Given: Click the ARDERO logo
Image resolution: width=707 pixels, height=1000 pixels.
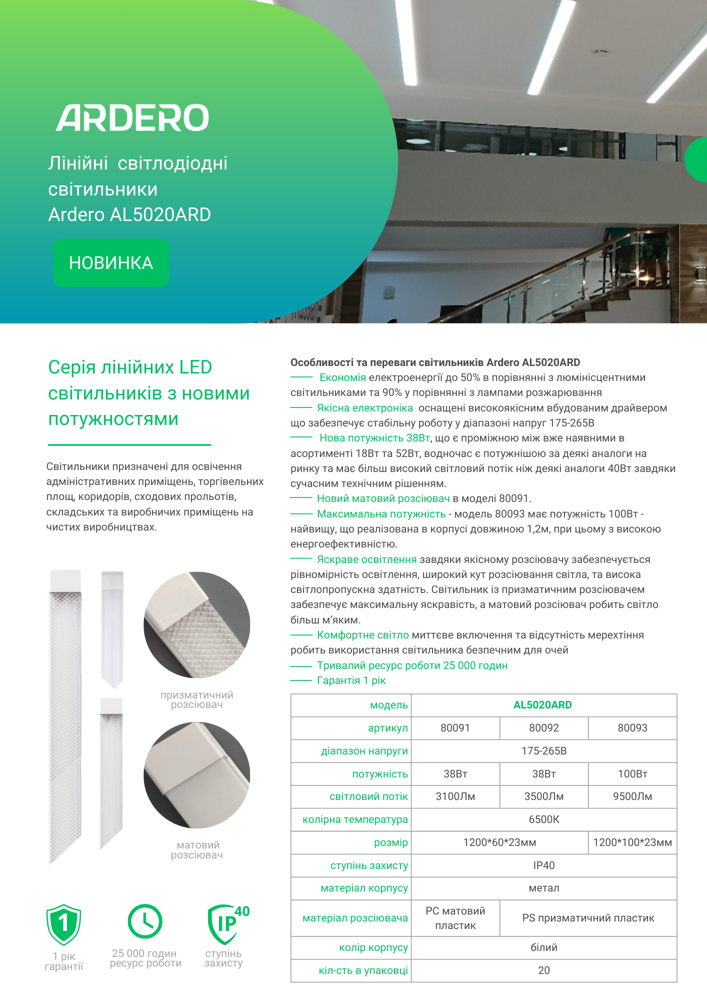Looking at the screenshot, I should [132, 118].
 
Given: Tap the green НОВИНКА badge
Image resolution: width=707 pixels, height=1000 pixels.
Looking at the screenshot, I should [111, 263].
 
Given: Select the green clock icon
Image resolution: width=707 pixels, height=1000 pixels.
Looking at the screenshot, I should [145, 921].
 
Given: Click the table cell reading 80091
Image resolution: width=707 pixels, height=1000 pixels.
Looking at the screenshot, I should [455, 728].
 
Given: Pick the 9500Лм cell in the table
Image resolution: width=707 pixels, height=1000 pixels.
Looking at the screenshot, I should [632, 796].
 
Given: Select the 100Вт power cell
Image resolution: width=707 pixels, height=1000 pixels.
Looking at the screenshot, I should [632, 774].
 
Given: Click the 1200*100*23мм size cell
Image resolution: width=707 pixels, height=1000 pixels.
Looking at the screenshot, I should [632, 842].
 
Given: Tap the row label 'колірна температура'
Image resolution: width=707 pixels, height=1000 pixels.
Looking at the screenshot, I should [355, 819].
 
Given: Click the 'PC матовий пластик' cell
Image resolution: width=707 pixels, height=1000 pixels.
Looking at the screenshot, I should [455, 918].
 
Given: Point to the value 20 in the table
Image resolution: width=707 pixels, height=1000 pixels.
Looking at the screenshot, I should [544, 970].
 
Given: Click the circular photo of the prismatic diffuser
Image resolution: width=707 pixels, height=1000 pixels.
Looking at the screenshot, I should [196, 625].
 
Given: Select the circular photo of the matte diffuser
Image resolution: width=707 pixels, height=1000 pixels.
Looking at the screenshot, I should [196, 775].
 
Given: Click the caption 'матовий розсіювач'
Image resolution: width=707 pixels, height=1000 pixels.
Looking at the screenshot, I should [197, 850].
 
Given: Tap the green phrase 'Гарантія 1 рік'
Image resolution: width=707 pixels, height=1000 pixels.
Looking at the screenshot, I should [351, 680].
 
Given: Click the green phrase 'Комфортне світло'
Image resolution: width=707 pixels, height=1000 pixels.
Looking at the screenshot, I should [362, 635].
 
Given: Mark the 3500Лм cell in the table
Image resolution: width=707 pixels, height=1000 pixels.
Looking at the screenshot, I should [544, 796].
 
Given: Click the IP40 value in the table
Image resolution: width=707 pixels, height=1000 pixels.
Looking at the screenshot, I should [544, 865].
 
